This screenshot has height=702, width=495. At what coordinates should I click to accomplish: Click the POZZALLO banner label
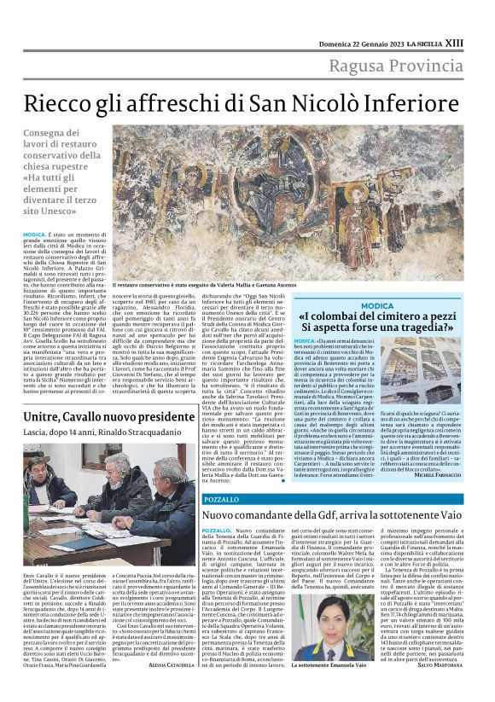point(222,499)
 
